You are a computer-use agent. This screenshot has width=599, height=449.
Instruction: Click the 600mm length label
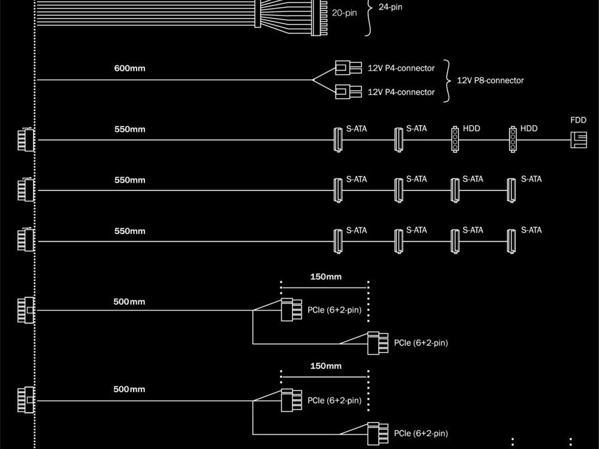pyautogui.click(x=129, y=68)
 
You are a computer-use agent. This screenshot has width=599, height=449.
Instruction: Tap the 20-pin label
pyautogui.click(x=344, y=12)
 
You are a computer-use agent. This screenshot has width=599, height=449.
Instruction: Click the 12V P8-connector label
pyautogui.click(x=490, y=80)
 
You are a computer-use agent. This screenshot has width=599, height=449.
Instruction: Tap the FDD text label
pyautogui.click(x=579, y=120)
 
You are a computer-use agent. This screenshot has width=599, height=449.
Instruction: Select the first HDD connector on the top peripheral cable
pyautogui.click(x=455, y=140)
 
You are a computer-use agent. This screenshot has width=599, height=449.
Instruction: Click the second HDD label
pyautogui.click(x=529, y=129)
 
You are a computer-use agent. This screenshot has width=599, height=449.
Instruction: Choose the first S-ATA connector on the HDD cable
pyautogui.click(x=337, y=140)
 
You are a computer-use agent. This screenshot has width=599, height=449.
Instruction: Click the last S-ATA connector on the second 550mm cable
pyautogui.click(x=511, y=190)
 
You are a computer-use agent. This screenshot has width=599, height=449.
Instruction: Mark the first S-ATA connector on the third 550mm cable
pyautogui.click(x=337, y=241)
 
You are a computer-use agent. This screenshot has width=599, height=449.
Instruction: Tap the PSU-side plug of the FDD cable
pyautogui.click(x=26, y=140)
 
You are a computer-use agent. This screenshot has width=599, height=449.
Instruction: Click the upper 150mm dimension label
pyautogui.click(x=325, y=277)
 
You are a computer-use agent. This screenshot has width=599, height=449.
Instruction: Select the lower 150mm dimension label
pyautogui.click(x=325, y=366)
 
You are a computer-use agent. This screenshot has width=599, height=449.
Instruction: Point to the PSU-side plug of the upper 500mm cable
pyautogui.click(x=26, y=310)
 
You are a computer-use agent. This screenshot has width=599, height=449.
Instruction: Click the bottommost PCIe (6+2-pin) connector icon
pyautogui.click(x=376, y=433)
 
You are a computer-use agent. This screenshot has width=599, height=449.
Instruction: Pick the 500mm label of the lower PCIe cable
pyautogui.click(x=129, y=390)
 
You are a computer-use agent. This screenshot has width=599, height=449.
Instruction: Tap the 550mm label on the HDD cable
pyautogui.click(x=129, y=129)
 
